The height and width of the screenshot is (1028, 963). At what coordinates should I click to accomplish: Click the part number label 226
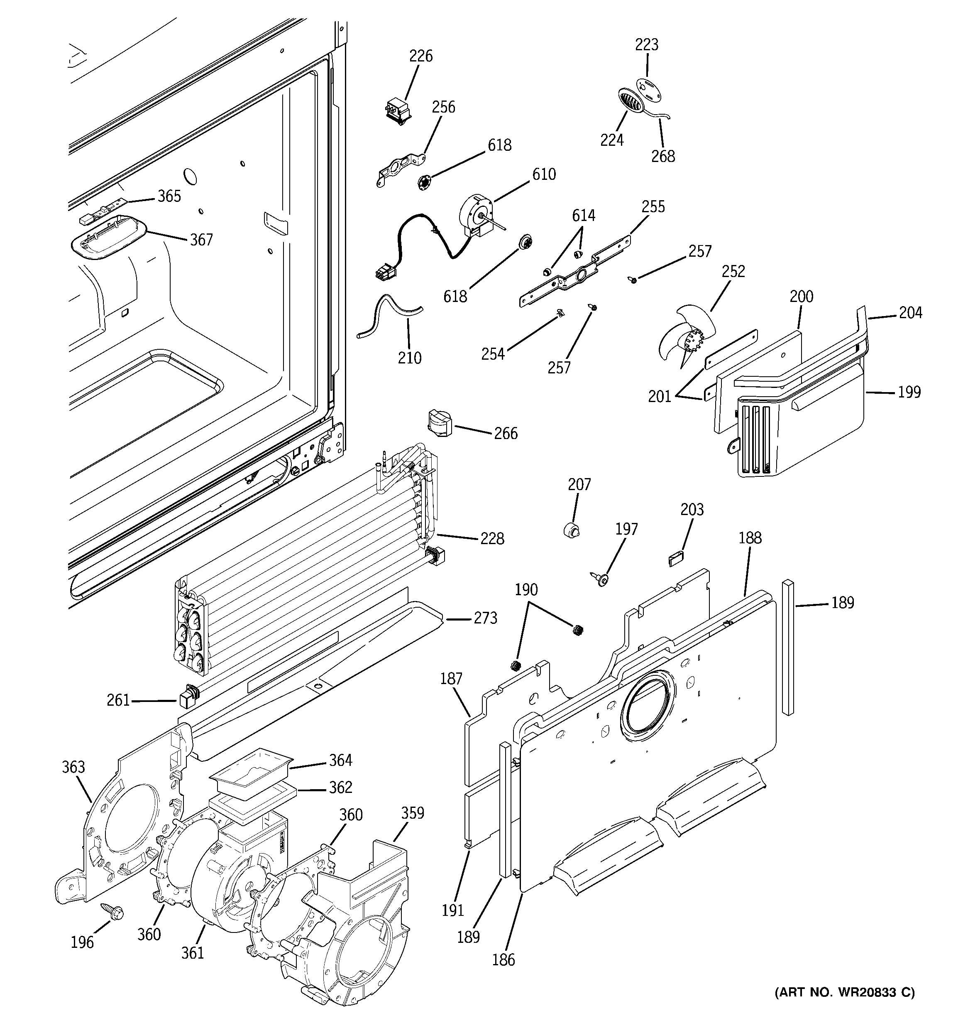point(421,56)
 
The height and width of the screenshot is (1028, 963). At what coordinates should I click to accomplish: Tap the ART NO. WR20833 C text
point(843,992)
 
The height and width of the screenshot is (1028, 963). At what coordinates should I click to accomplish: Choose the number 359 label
point(413,813)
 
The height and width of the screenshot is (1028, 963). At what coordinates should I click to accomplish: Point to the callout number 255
point(653,207)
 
